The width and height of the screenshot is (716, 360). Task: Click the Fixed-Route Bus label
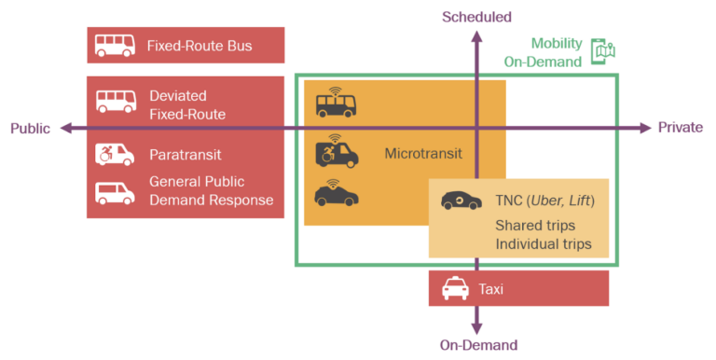tap(200, 45)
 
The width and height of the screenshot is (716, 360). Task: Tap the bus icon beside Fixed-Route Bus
tap(116, 45)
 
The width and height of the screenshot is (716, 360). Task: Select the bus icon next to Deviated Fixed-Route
tap(116, 104)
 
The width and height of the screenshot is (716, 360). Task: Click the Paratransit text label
tap(185, 154)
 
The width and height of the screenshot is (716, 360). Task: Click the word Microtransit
tap(423, 153)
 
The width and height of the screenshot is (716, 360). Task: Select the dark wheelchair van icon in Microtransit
tap(335, 152)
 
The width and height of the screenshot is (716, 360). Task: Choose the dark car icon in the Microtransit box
tap(335, 193)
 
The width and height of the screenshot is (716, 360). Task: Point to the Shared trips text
tap(535, 226)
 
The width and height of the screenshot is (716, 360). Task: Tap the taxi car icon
tap(455, 289)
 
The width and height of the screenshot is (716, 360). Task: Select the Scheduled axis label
tap(476, 17)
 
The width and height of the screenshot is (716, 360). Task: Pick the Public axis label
tap(30, 128)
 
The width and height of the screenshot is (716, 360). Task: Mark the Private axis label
tap(681, 128)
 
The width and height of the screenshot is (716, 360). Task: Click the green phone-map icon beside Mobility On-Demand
tap(604, 52)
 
